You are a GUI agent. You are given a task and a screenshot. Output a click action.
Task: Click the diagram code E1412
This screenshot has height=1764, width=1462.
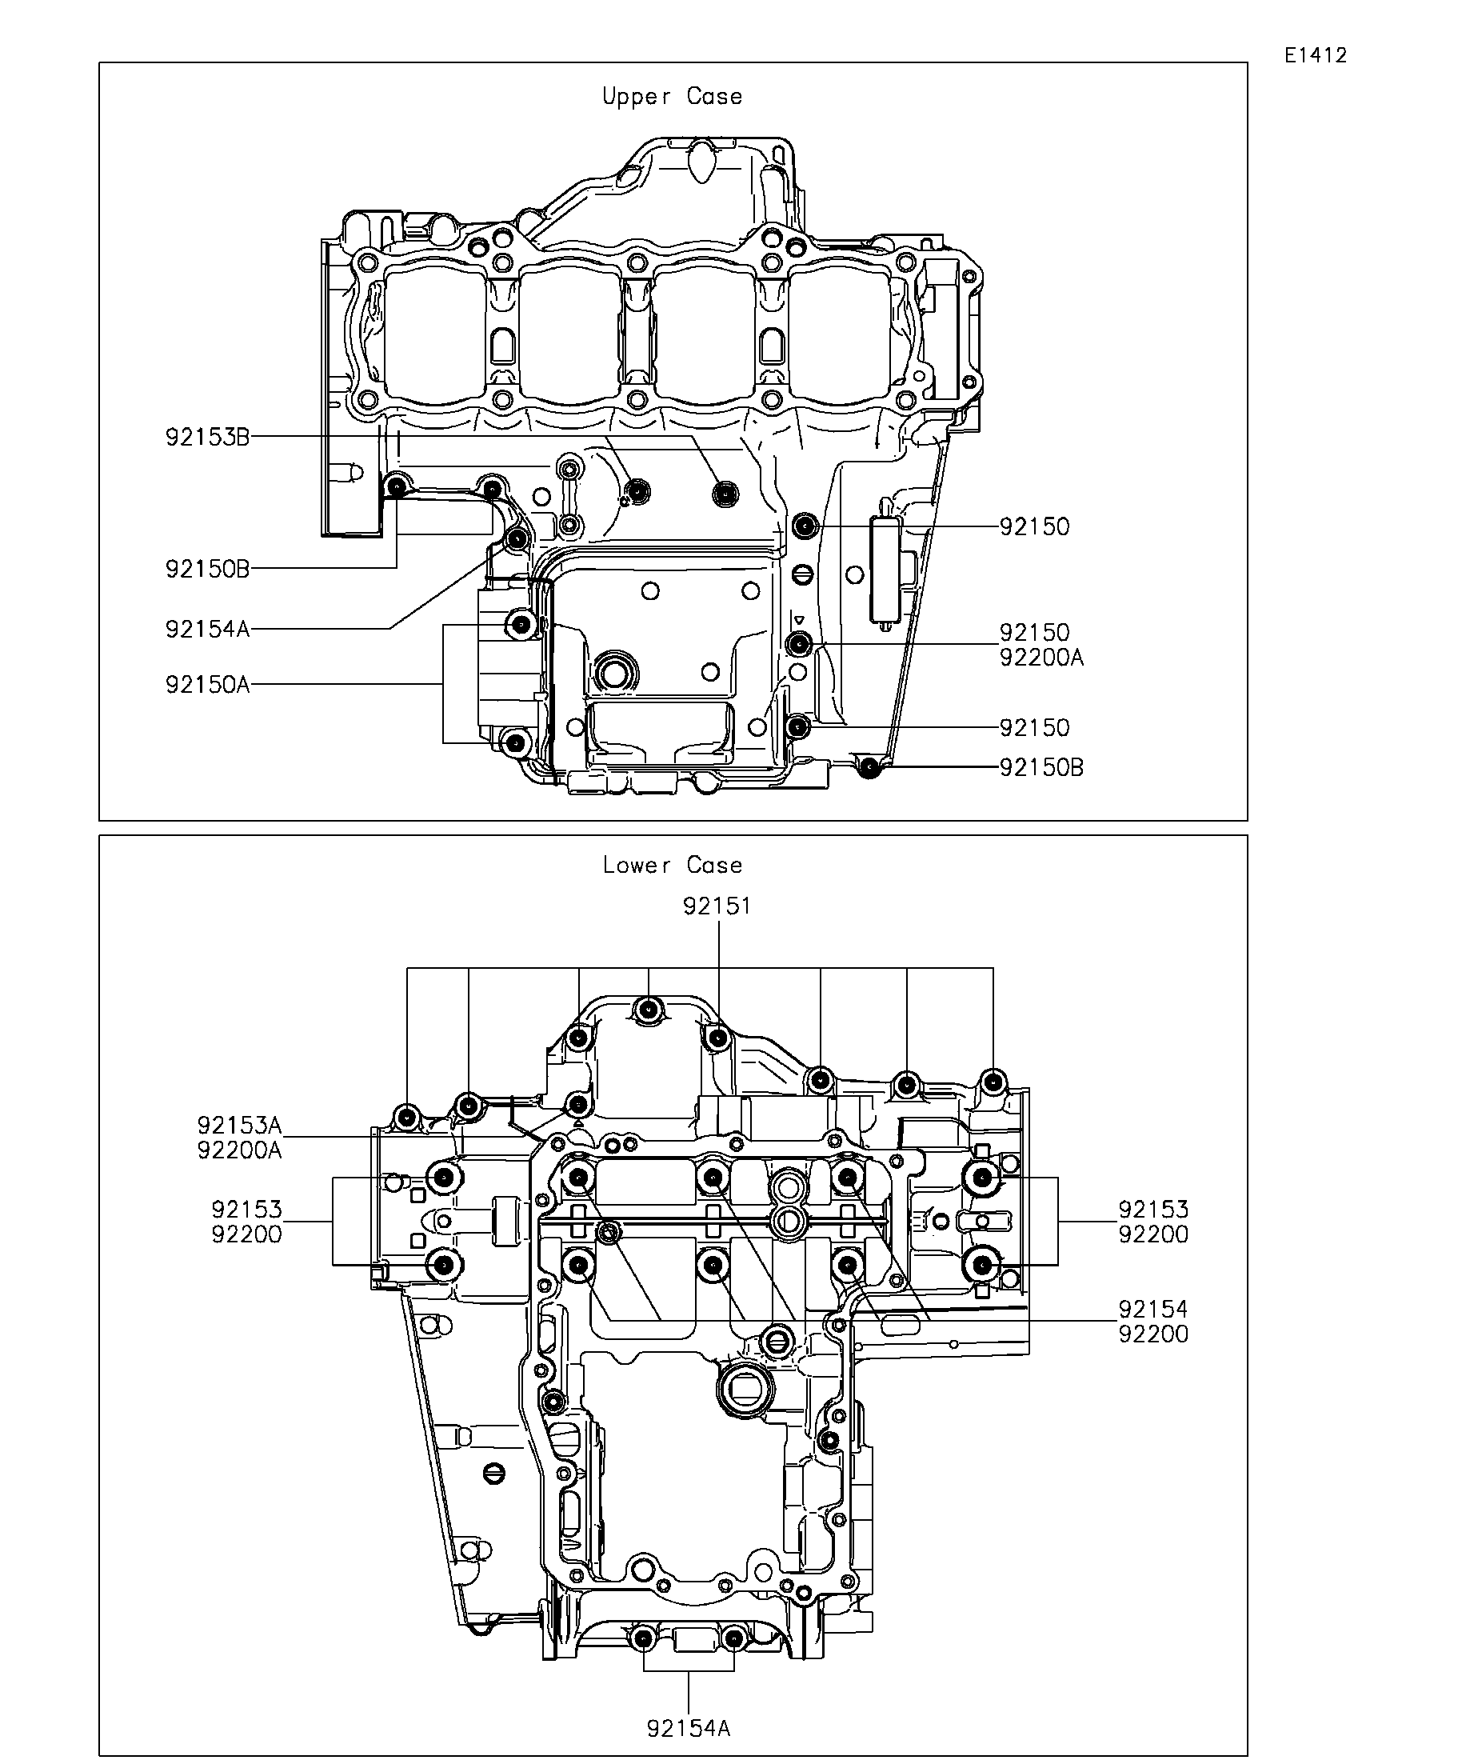point(1315,55)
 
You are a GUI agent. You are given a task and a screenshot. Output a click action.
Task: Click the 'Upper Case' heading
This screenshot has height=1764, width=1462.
point(672,97)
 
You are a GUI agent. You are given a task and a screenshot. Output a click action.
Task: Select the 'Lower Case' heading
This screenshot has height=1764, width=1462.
point(672,866)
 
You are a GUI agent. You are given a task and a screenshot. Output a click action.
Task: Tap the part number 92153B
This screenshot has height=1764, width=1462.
point(207,438)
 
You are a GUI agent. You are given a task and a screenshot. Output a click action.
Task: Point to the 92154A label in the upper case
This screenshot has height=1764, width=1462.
point(207,629)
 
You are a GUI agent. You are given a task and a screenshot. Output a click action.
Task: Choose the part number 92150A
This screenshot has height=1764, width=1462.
point(207,686)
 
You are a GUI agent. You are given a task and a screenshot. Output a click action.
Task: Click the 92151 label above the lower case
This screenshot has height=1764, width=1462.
point(717,906)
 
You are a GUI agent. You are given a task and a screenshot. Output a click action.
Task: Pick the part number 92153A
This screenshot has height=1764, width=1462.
point(239,1125)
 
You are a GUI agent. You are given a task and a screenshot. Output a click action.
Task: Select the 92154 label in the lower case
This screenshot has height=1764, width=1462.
point(1153,1309)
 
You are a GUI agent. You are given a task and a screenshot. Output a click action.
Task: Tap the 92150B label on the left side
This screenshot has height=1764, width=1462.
point(207,570)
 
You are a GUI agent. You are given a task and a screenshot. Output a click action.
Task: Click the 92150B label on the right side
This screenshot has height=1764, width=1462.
point(1041,768)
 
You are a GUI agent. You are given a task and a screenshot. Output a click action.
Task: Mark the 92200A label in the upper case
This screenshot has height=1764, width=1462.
point(1041,658)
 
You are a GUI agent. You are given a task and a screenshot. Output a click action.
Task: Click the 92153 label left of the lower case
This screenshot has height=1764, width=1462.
point(247,1210)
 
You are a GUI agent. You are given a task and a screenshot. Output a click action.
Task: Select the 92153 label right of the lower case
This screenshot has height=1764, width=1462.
point(1153,1210)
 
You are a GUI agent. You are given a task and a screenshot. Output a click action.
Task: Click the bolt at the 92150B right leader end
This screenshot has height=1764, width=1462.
point(870,766)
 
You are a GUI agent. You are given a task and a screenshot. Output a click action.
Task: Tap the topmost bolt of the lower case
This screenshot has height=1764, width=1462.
point(648,1010)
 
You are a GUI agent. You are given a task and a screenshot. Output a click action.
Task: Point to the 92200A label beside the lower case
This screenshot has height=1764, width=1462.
point(239,1150)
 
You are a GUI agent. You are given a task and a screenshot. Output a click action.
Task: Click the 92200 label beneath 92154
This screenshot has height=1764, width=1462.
point(1153,1334)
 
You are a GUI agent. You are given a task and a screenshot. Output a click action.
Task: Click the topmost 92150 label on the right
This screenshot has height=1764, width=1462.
point(1035,527)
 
